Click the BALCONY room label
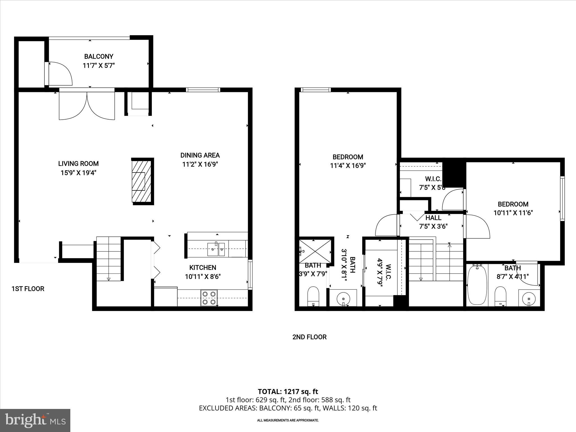(99, 57)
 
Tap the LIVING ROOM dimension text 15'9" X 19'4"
(78, 173)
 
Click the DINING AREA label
(200, 155)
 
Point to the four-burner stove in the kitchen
(209, 298)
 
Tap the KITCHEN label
(202, 268)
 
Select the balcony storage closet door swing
(60, 74)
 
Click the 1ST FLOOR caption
(28, 289)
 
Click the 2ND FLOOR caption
(309, 337)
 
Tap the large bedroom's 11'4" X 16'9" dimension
(348, 166)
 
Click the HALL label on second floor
(433, 218)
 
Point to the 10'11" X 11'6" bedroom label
(513, 208)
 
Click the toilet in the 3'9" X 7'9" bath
(313, 296)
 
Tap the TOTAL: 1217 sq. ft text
(288, 391)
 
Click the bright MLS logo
(35, 420)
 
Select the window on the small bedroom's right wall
(562, 198)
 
